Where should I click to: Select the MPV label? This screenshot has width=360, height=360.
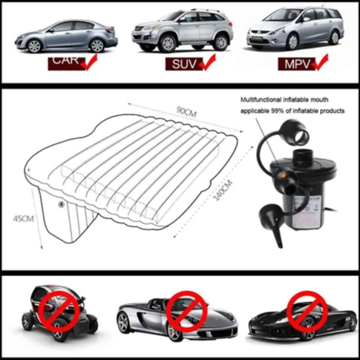294,63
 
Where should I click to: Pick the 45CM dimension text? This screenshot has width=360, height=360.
24,218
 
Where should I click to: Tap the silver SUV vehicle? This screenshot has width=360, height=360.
181,31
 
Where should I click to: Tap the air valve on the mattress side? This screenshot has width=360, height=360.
61,204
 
